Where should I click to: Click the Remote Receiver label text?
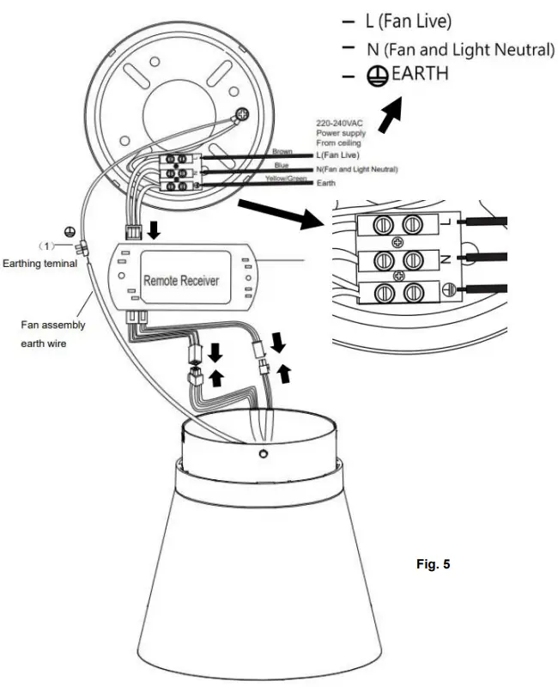[x=180, y=280]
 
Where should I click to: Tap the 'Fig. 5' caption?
[x=432, y=564]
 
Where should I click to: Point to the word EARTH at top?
[x=420, y=74]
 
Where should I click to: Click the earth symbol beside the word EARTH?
[x=375, y=76]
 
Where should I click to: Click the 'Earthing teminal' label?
[x=39, y=264]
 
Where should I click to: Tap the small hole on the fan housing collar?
[x=264, y=453]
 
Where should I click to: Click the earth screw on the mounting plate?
[x=244, y=113]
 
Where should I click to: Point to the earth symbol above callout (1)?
[x=69, y=232]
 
